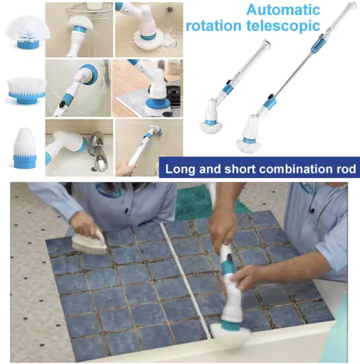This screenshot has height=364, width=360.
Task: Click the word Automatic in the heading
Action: pyautogui.click(x=283, y=10)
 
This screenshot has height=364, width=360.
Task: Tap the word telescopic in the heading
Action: pyautogui.click(x=283, y=26)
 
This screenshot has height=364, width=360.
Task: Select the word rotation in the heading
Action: pyautogui.click(x=214, y=26)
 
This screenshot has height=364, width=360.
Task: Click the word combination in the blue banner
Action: pyautogui.click(x=296, y=169)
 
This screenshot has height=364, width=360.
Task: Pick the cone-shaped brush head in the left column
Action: pyautogui.click(x=25, y=148)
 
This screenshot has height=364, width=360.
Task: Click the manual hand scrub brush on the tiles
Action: pyautogui.click(x=89, y=242)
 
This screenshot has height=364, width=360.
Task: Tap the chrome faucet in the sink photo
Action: pyautogui.click(x=99, y=151)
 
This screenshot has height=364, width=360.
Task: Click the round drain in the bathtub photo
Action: pyautogui.click(x=170, y=9)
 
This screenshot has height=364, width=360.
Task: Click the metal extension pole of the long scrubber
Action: pyautogui.click(x=293, y=74)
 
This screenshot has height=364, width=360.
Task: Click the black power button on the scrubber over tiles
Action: pyautogui.click(x=230, y=257)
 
